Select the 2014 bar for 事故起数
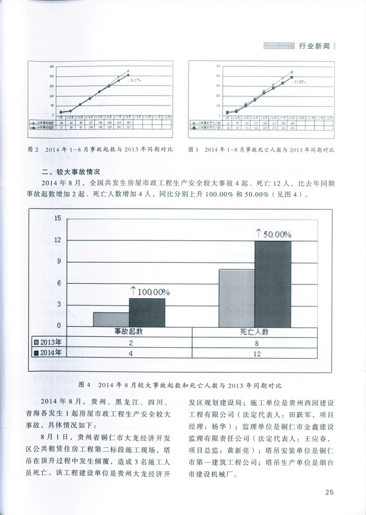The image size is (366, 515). tap(147, 311)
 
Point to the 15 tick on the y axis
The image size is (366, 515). tap(57, 218)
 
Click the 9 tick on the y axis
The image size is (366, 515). tap(58, 262)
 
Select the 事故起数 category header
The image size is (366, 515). tap(129, 331)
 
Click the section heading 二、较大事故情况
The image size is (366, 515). tap(66, 172)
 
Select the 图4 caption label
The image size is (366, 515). tap(86, 386)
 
